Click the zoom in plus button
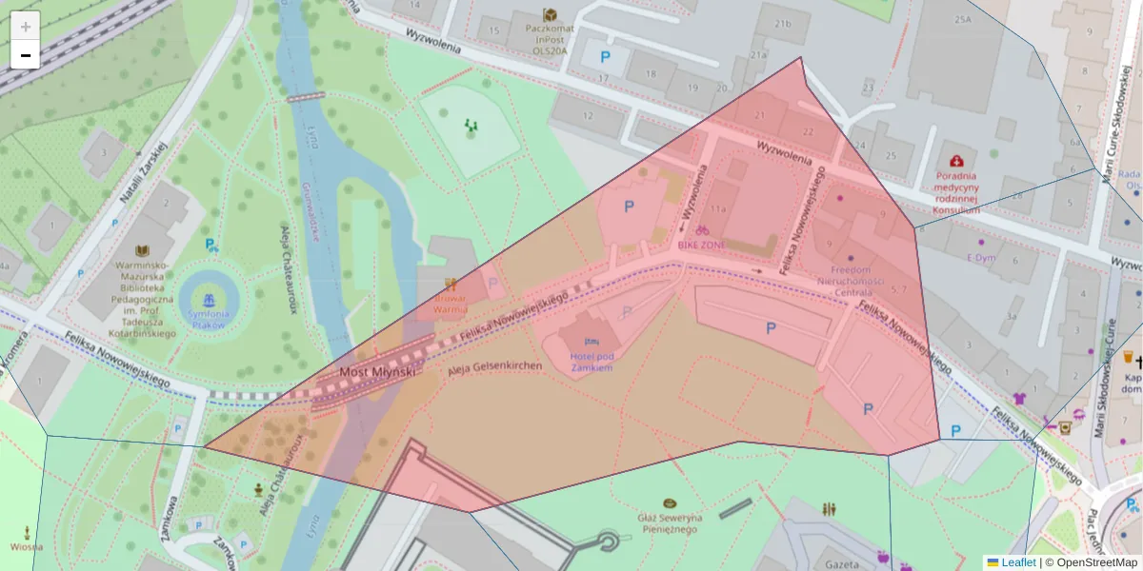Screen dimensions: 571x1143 tap(26, 27)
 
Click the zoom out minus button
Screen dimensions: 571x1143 tap(26, 55)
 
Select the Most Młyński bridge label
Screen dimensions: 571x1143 tap(378, 372)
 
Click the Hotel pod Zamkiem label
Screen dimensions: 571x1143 tap(591, 361)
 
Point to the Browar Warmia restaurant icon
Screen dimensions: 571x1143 tap(451, 284)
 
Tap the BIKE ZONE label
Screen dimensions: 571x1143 tap(701, 245)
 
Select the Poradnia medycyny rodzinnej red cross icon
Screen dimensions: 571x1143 tap(956, 162)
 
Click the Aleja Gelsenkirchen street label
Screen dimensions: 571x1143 tap(494, 365)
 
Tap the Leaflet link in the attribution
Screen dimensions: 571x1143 tap(1018, 562)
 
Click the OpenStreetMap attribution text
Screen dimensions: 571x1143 tap(1091, 562)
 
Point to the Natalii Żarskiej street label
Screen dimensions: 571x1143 tap(143, 173)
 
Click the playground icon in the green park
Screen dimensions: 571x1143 tap(471, 125)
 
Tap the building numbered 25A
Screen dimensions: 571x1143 tap(962, 19)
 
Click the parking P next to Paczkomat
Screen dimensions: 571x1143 tap(605, 57)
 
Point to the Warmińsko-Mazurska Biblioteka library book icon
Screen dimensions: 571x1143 tap(143, 250)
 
